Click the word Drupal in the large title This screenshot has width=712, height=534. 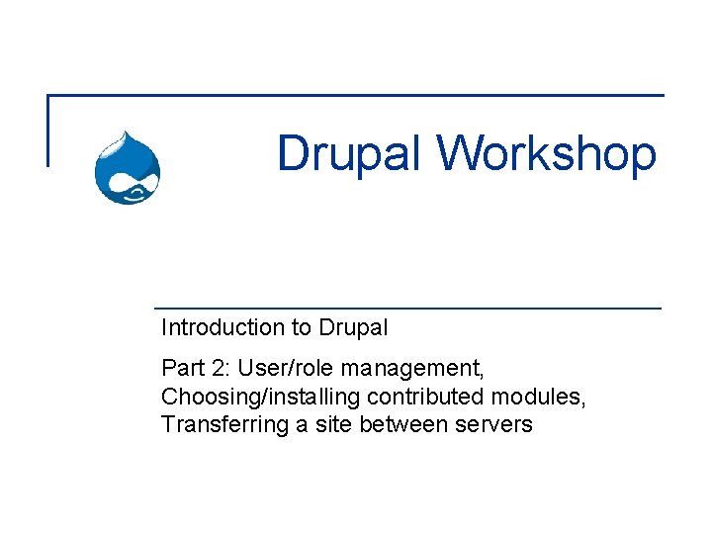pos(351,153)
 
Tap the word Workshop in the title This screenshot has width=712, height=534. pos(546,155)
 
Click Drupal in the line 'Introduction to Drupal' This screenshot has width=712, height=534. pos(352,327)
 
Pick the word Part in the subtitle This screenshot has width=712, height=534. pos(181,369)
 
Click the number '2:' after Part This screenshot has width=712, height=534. pos(221,369)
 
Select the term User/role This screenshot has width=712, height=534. pos(287,369)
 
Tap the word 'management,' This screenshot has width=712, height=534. pos(412,370)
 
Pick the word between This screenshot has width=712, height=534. pos(402,425)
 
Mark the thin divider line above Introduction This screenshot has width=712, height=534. pos(406,309)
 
